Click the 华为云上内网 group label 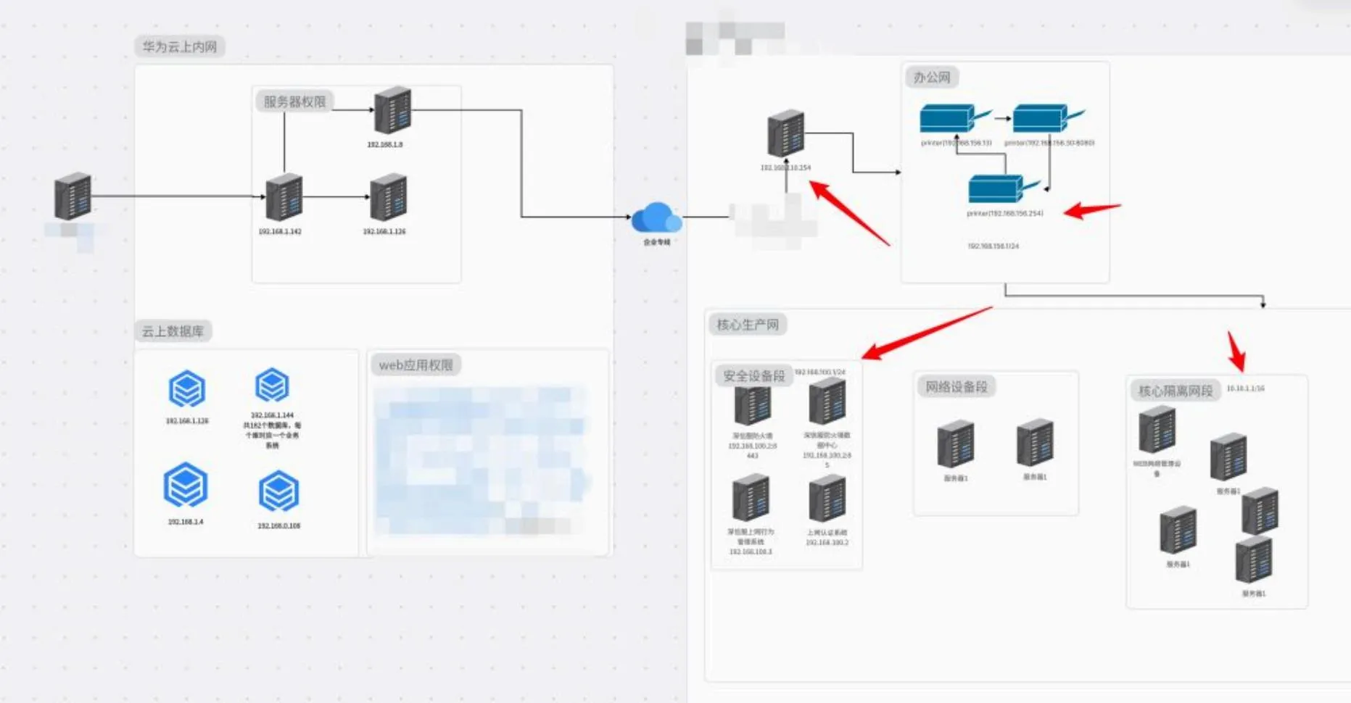[x=179, y=47]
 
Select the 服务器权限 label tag [x=294, y=101]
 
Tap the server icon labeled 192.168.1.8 [x=392, y=110]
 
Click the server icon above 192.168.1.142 [x=284, y=197]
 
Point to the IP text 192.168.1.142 [x=280, y=232]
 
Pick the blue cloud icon [x=656, y=217]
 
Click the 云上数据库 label [x=173, y=331]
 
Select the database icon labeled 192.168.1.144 [x=272, y=386]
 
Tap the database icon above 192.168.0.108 [x=278, y=491]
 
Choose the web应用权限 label [x=416, y=365]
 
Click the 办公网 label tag [x=932, y=78]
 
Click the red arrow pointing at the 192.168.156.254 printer [x=1091, y=210]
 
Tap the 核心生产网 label [x=748, y=325]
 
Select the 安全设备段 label [x=753, y=375]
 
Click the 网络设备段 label [x=957, y=387]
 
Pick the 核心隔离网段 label [x=1176, y=391]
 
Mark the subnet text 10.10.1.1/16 [x=1245, y=388]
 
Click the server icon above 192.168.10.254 [x=785, y=133]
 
